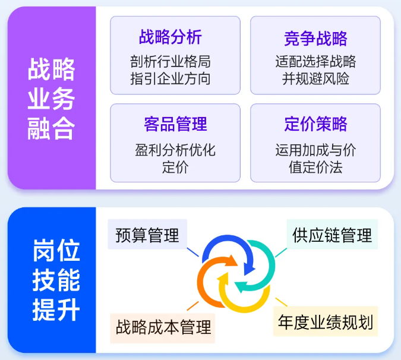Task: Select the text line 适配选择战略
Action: [x=315, y=61]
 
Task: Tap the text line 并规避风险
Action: [x=315, y=79]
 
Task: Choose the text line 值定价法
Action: [x=315, y=167]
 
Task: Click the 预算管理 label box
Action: [x=148, y=235]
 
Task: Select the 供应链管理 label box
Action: [x=332, y=235]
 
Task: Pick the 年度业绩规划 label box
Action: [x=326, y=323]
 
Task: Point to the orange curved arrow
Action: [x=207, y=282]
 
